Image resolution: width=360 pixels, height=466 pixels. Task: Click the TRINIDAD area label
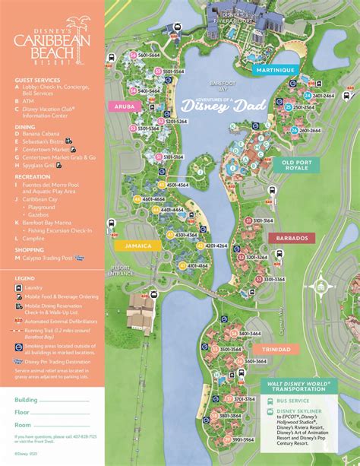click(276, 349)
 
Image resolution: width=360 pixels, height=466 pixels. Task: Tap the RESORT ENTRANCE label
click(122, 271)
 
